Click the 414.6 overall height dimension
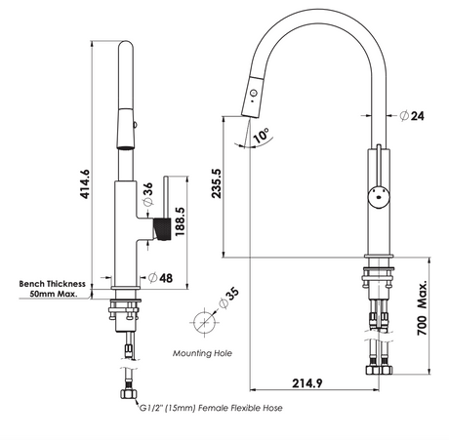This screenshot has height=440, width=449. [85, 183]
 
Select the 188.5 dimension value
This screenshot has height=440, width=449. [180, 221]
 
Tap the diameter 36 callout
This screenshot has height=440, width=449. [147, 194]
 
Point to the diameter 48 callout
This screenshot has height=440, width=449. [160, 278]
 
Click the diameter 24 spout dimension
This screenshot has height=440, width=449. [412, 115]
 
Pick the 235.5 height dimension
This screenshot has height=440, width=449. [217, 183]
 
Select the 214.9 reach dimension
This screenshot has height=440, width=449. [307, 383]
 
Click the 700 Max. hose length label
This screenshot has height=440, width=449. [422, 307]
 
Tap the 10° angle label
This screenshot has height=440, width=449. [261, 136]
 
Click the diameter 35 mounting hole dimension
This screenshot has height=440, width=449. [229, 298]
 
